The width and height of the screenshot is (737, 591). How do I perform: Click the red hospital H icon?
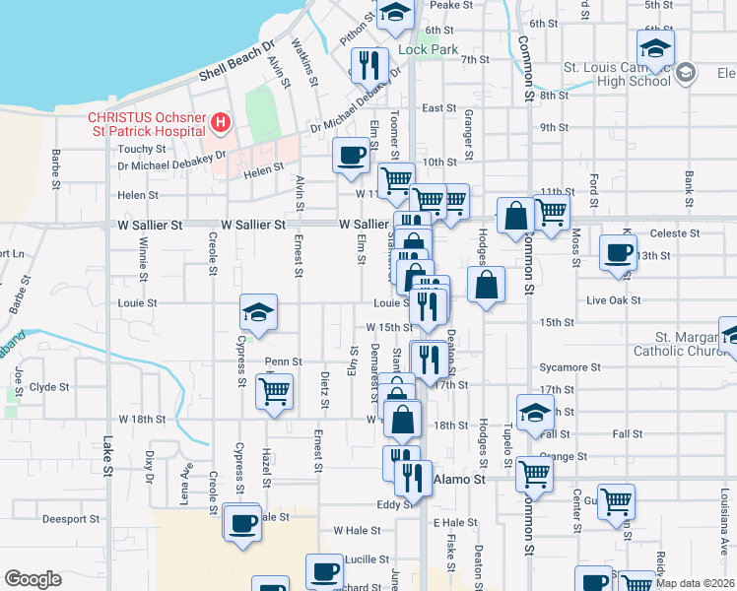pos(222,123)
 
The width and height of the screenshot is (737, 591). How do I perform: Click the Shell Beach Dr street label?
pos(235,61)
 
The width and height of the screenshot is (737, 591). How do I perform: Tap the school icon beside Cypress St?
pos(258,313)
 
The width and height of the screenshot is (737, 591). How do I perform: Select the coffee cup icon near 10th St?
pos(352,154)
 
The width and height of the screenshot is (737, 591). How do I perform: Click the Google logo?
pos(33,579)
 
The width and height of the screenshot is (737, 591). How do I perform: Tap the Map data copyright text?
pos(694,583)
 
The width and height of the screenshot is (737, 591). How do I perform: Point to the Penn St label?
pos(283,362)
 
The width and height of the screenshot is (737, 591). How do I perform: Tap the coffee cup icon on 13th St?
pos(618,251)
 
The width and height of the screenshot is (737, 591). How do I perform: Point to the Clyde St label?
pos(49,387)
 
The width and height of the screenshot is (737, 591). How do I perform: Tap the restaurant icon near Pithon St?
pos(368,64)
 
